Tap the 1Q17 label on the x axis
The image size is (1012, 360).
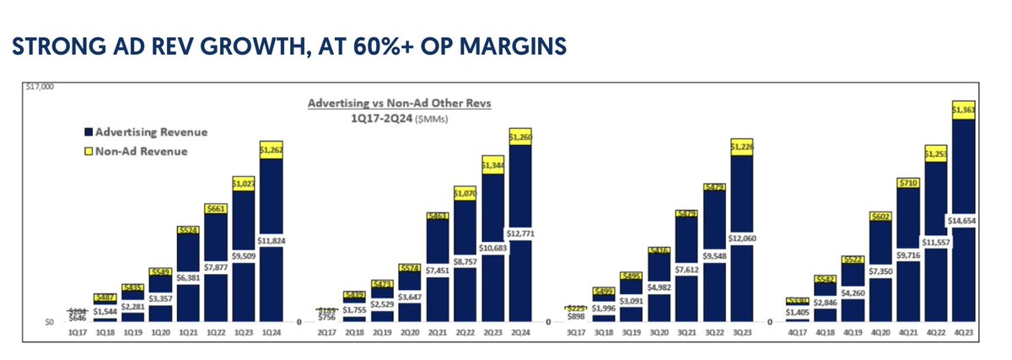(76, 331)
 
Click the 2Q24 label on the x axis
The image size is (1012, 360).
(520, 331)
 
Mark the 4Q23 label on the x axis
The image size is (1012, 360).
(964, 331)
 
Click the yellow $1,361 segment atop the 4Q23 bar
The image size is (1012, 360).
(964, 110)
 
